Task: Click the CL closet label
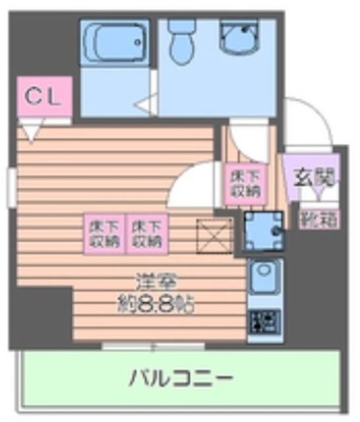pos(42,98)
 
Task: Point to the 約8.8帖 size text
pos(154,305)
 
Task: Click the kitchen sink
pos(264,278)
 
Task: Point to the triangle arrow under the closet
pos(31,133)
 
